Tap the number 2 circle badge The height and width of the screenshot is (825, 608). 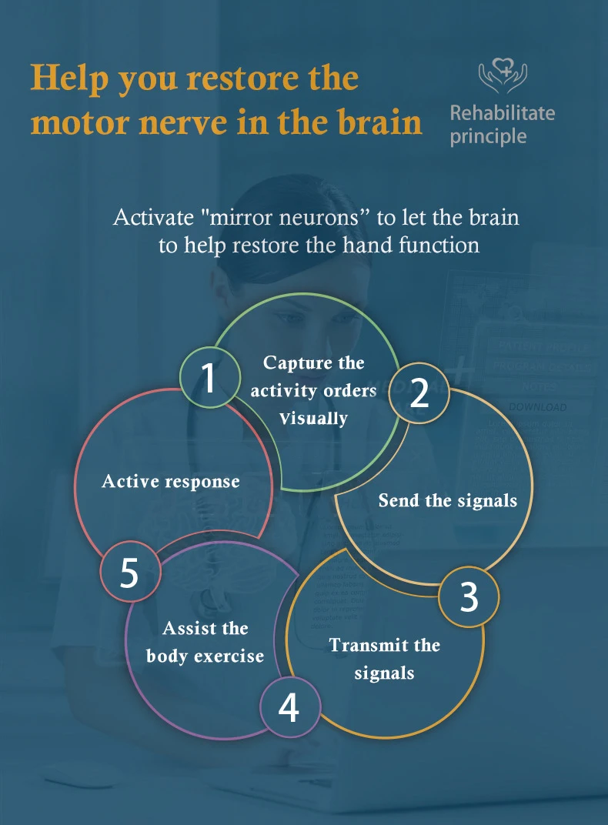(x=419, y=393)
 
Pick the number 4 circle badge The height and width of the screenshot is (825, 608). (x=289, y=708)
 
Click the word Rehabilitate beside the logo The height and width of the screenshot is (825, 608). (x=502, y=113)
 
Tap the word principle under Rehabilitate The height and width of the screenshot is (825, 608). (x=488, y=137)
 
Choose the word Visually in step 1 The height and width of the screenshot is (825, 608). (x=313, y=419)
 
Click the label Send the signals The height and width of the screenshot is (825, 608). (x=447, y=500)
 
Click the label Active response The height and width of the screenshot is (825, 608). (x=170, y=482)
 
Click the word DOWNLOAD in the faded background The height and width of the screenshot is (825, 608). (x=538, y=407)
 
